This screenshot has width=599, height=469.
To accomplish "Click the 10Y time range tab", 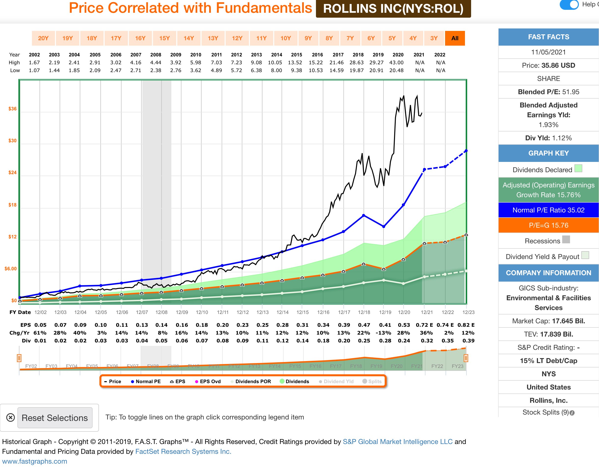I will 286,38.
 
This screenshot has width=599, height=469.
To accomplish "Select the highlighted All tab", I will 455,38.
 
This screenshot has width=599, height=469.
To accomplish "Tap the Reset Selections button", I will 55,418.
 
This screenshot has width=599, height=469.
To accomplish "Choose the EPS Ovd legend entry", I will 208,381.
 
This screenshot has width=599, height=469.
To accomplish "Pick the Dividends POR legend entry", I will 251,381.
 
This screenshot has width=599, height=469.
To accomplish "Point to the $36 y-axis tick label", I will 12,109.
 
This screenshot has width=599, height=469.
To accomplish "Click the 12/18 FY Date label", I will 364,312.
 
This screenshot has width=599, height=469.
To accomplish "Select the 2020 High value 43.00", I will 396,63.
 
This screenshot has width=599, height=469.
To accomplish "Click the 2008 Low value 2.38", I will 156,70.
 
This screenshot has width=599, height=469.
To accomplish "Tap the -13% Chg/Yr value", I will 383,333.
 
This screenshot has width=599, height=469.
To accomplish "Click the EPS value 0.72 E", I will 424,325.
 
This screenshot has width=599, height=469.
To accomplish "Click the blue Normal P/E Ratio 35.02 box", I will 548,210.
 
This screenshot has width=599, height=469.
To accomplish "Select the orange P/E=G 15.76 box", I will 548,225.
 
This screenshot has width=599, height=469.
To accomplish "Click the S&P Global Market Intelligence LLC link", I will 397,442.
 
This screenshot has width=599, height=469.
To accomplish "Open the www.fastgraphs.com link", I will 35,461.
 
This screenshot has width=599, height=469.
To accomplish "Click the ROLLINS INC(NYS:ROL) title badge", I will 393,9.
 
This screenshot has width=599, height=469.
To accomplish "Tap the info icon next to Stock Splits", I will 572,413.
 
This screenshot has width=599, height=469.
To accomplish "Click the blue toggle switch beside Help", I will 569,5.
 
